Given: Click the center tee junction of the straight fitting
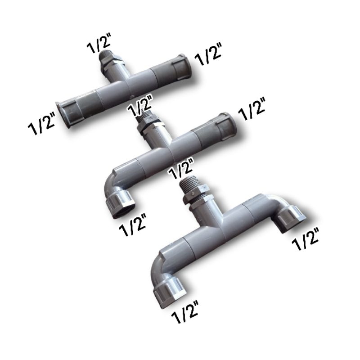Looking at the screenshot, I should click(121, 84).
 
